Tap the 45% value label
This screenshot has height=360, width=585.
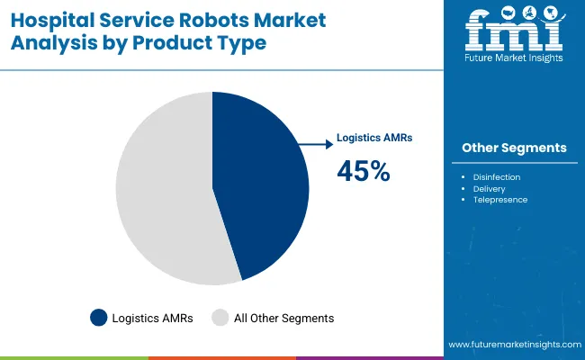[x=363, y=171]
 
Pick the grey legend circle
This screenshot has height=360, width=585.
[x=220, y=318]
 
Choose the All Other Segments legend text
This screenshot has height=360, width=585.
[x=284, y=318]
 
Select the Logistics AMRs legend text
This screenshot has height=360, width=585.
[x=154, y=318]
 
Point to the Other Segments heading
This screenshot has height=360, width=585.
[x=514, y=148]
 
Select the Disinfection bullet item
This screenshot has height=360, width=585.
[x=497, y=177]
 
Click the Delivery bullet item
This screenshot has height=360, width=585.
[x=490, y=189]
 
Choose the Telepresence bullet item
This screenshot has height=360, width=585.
[x=500, y=200]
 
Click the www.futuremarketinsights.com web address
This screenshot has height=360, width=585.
[x=511, y=345]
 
